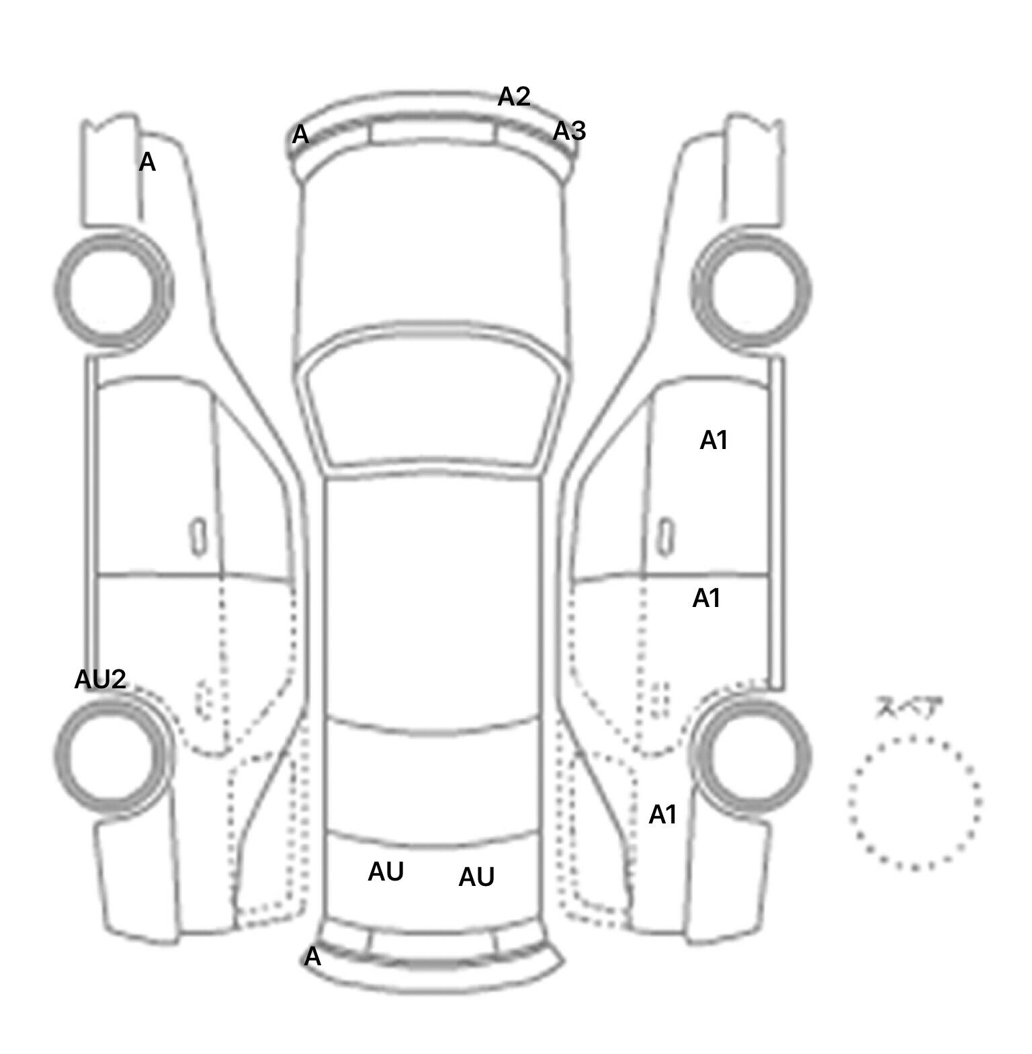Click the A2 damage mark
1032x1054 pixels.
click(514, 97)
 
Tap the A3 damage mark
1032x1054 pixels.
click(569, 131)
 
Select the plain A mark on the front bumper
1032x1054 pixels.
click(300, 135)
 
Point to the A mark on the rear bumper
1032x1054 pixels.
click(312, 957)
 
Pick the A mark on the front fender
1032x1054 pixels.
click(147, 162)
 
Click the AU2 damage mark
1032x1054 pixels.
click(100, 680)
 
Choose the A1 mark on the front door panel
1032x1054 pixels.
click(714, 440)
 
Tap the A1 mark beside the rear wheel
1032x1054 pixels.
click(662, 815)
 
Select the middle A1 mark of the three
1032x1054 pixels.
click(706, 598)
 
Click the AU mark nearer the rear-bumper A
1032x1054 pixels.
click(386, 872)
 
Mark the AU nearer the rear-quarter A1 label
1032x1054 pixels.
click(476, 877)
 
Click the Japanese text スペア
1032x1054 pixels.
click(909, 708)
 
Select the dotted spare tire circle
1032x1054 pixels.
click(914, 802)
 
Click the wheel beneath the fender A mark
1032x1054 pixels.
click(112, 289)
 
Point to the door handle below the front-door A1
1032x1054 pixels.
click(665, 536)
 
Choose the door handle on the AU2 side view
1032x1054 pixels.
click(198, 536)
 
